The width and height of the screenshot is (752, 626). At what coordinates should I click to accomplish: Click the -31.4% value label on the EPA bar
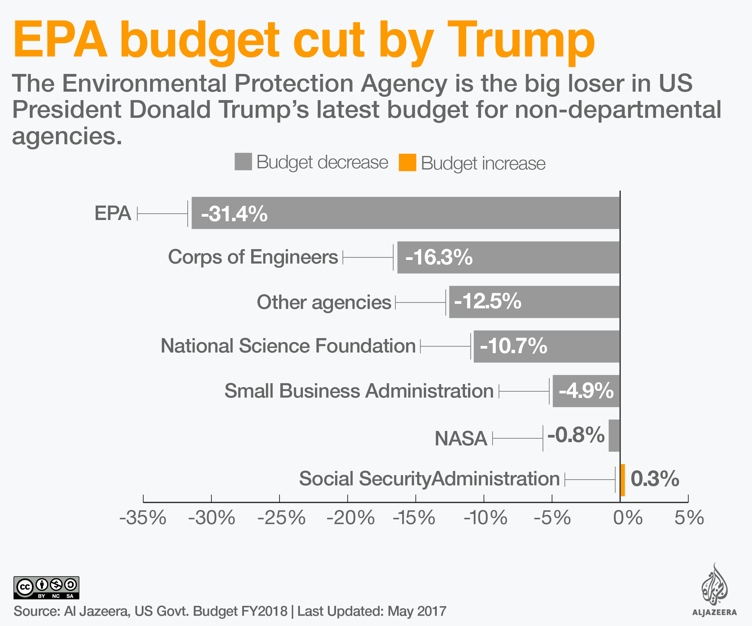(x=234, y=214)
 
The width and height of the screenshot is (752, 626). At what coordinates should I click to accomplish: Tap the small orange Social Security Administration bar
(x=623, y=480)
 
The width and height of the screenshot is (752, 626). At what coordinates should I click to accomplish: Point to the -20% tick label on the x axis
(x=350, y=518)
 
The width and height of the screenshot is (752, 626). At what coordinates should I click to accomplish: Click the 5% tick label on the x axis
(x=689, y=518)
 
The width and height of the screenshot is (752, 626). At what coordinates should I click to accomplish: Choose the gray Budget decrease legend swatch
(x=243, y=162)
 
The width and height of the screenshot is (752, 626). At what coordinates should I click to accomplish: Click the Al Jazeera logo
(x=714, y=590)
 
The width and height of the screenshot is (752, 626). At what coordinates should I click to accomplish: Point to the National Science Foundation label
(x=288, y=346)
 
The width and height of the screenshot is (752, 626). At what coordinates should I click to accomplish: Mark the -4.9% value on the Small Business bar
(x=586, y=391)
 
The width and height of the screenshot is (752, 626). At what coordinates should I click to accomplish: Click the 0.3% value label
(x=655, y=479)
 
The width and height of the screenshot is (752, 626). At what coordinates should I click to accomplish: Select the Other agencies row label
(x=324, y=302)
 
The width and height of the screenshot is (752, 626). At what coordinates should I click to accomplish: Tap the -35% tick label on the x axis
(x=143, y=518)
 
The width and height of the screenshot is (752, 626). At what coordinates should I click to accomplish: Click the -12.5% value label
(x=487, y=301)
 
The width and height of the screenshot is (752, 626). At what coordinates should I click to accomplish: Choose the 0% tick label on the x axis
(x=628, y=518)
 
